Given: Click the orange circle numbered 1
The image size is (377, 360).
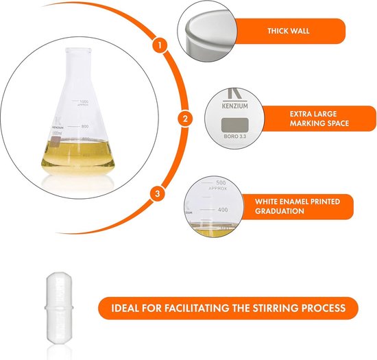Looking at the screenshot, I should (x=159, y=46).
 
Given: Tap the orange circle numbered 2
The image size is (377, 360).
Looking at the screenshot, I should (x=184, y=119).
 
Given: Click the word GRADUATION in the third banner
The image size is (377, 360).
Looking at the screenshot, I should (x=282, y=212).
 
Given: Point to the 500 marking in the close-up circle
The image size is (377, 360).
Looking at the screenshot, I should (x=221, y=182).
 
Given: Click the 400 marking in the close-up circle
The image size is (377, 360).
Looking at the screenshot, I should (x=221, y=209).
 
